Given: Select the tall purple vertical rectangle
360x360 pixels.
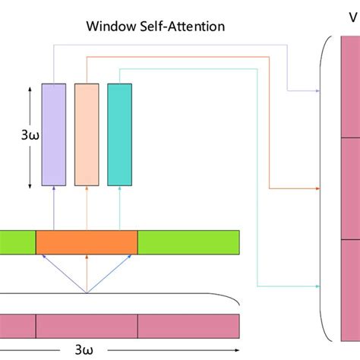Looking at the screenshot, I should coord(53,134).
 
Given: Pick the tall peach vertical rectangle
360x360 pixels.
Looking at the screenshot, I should coord(87,134).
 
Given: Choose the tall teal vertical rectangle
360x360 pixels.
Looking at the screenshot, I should coord(120,134).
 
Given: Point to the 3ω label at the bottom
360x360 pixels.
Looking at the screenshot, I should coord(86,350).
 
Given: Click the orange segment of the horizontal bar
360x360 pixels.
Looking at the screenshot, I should coord(87,242).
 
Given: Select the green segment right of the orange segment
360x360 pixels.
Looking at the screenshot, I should coord(188,242).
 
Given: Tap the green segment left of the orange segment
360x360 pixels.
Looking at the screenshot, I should coord(17,242).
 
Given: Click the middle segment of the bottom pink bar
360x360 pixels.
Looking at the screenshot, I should coord(87,326).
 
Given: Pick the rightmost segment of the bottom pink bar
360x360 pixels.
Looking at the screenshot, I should coord(188,326).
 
